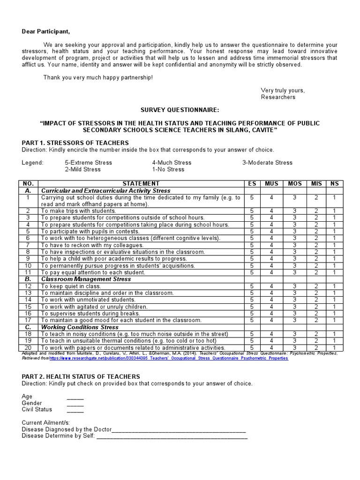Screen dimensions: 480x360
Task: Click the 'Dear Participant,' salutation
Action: [45, 31]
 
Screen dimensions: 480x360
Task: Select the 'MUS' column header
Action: [271, 183]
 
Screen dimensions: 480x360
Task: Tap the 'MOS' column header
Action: [295, 183]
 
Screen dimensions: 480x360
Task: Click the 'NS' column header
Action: [334, 183]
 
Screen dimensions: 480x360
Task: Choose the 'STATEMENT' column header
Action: [141, 183]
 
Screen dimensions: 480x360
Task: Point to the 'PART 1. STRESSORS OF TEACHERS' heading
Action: [75, 142]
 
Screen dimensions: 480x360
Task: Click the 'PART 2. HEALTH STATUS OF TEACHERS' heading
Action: [81, 376]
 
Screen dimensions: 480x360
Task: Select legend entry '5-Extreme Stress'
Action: [88, 163]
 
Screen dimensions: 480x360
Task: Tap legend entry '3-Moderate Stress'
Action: [267, 163]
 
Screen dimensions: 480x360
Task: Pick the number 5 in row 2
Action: [252, 211]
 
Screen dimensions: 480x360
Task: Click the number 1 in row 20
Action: [334, 348]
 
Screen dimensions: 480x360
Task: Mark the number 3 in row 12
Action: [295, 286]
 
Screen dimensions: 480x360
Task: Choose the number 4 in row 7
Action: [271, 245]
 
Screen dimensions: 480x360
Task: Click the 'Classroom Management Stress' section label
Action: [86, 279]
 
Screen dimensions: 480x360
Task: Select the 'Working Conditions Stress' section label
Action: [80, 327]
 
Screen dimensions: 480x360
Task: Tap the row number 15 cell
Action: [28, 307]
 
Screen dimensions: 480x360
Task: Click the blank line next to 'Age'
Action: [75, 397]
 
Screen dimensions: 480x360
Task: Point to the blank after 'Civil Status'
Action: [75, 410]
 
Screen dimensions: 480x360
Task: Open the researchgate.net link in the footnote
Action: [169, 358]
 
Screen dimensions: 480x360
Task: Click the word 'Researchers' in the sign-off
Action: [278, 97]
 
